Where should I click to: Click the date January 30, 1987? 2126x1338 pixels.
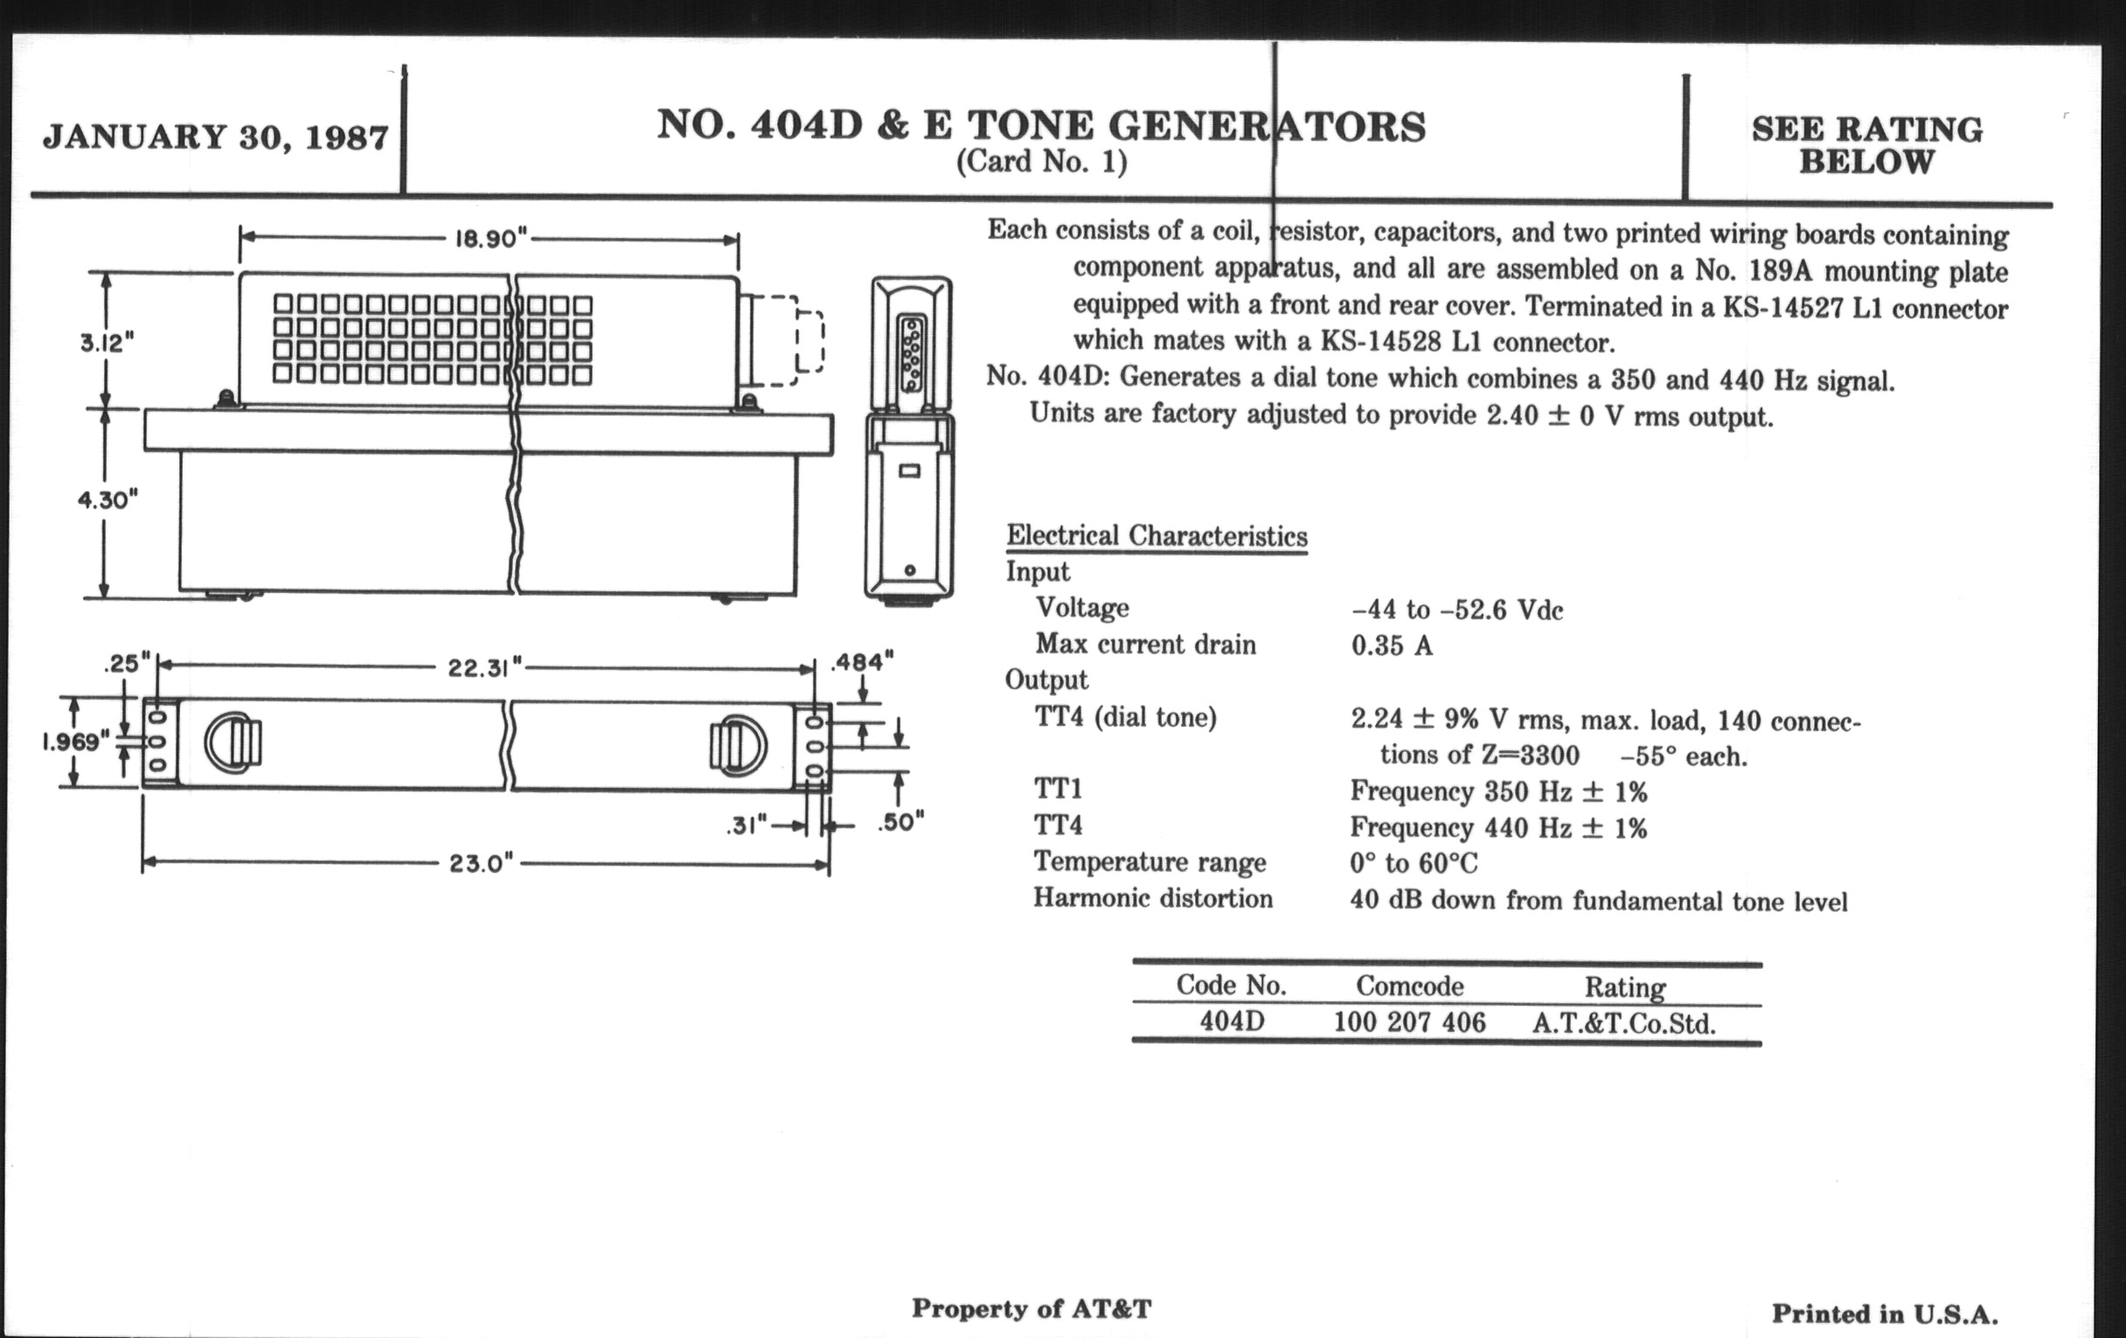(x=215, y=137)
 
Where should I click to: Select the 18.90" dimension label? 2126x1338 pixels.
(x=490, y=239)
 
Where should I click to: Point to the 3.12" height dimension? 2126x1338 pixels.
(x=107, y=342)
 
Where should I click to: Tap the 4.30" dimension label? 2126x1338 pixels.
(x=108, y=500)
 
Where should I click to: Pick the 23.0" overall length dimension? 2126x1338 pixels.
(x=480, y=863)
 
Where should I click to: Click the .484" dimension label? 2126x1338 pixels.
(x=862, y=661)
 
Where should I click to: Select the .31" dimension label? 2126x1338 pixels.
(x=747, y=826)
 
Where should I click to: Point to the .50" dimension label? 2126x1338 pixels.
(x=900, y=822)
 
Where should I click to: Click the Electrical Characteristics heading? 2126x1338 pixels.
(x=1157, y=536)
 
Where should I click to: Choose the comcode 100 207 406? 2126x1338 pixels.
(x=1409, y=1022)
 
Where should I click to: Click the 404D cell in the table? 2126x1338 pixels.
(x=1232, y=1021)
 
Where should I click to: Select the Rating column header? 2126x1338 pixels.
(x=1624, y=986)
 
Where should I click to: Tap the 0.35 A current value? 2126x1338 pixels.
(x=1392, y=645)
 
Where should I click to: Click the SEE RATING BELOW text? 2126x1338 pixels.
(x=1866, y=146)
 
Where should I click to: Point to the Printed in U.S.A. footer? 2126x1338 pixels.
(x=1884, y=1314)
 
